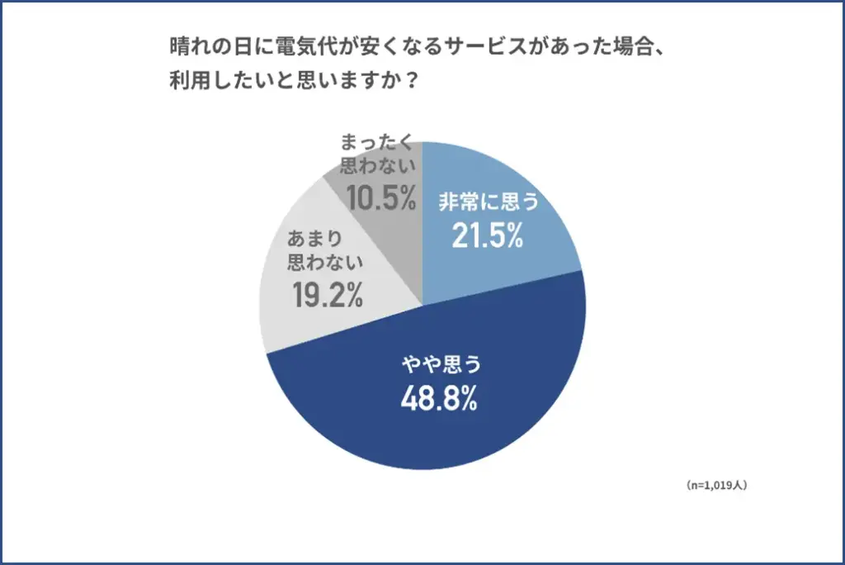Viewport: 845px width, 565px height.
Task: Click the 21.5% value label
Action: [x=488, y=236]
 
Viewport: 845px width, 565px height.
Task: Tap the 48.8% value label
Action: [x=439, y=400]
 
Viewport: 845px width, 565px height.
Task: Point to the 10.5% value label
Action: [x=380, y=198]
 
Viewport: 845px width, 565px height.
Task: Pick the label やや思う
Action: [x=439, y=365]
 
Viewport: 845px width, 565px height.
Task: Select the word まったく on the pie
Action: [x=376, y=141]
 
